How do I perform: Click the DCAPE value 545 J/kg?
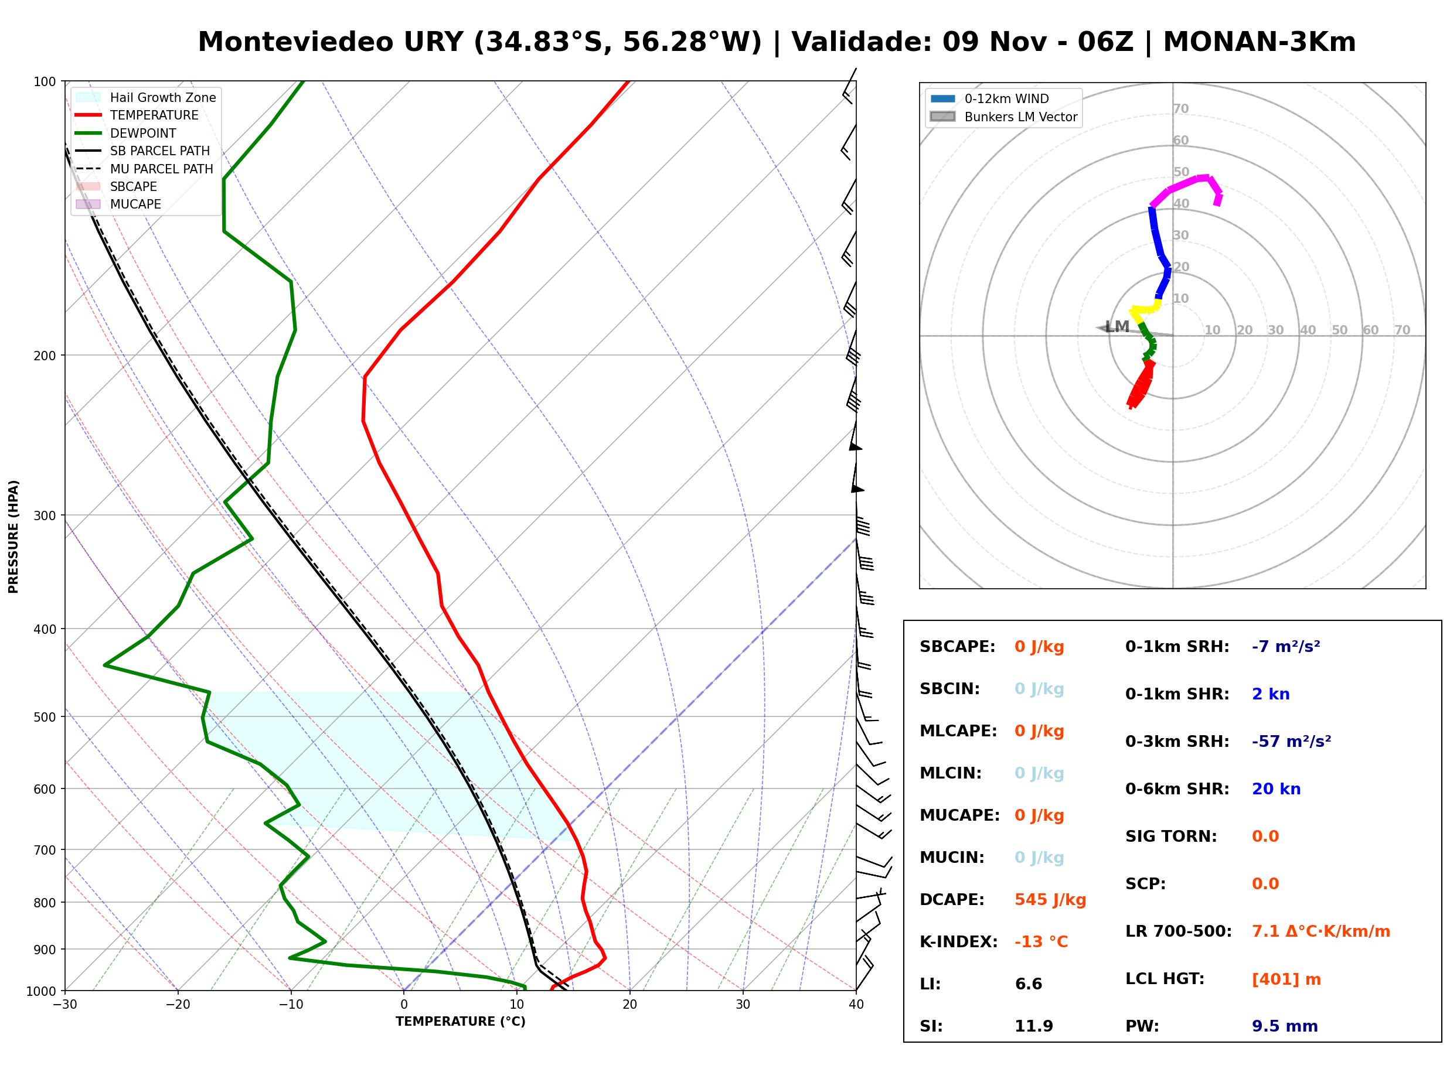1050,900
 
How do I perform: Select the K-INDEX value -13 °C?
1041,942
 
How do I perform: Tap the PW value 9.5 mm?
1285,1026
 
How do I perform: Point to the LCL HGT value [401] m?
1286,979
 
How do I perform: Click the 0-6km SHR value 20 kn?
1276,789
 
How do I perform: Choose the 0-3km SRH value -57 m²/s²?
1291,742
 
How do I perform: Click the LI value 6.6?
1028,984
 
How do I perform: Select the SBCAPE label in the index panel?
957,647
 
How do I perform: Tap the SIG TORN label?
1171,837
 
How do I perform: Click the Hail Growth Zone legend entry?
146,97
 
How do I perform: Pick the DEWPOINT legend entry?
126,133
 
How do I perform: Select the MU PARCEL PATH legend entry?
144,169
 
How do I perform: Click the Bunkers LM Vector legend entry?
1003,117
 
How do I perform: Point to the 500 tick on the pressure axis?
44,717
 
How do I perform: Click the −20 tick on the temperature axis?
178,1005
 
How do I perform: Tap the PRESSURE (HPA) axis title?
13,537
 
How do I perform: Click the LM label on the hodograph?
1117,327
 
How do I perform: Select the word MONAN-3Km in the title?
1259,42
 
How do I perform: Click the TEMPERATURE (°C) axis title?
461,1022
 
